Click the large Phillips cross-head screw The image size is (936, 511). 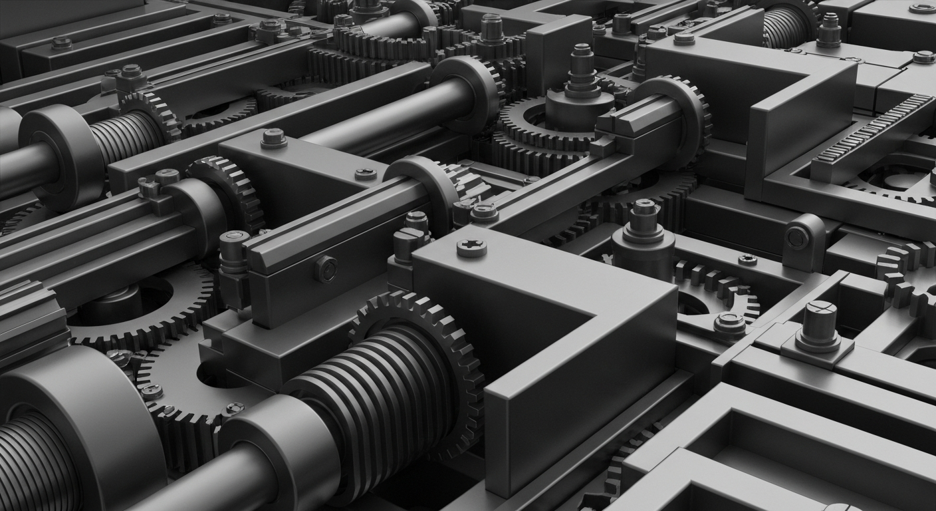pos(471,248)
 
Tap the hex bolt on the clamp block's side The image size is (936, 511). pos(326,269)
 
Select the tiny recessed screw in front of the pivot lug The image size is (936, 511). pos(747,259)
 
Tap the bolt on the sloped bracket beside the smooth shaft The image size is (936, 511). pos(273,138)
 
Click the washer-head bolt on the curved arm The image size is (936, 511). pos(729,323)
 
